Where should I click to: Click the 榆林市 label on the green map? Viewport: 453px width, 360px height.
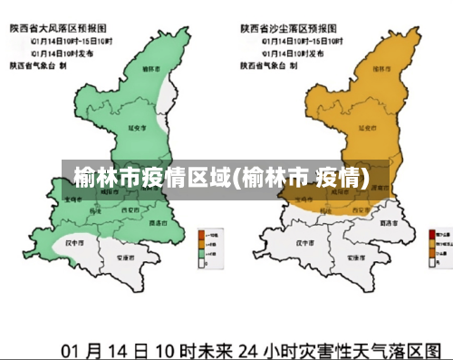150,67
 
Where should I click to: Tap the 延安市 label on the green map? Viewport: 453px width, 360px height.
139,129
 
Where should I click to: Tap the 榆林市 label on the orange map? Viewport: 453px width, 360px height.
380,67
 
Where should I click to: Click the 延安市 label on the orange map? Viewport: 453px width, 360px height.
367,129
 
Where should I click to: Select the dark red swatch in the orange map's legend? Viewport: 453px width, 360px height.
431,234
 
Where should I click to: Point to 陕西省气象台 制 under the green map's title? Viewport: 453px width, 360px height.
38,65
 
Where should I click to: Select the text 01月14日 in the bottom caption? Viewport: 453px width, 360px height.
101,348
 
